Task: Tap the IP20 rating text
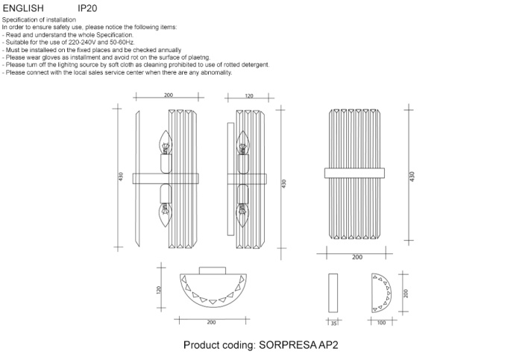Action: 87,8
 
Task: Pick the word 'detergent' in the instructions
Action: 252,65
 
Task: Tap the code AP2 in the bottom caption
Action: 329,346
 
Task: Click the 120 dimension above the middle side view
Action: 248,96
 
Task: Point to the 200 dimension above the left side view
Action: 168,96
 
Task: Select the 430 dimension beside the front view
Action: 412,176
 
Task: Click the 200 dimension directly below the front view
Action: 357,257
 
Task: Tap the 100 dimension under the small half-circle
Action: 382,323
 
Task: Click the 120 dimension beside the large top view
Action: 159,289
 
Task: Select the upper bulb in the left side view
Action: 165,144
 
